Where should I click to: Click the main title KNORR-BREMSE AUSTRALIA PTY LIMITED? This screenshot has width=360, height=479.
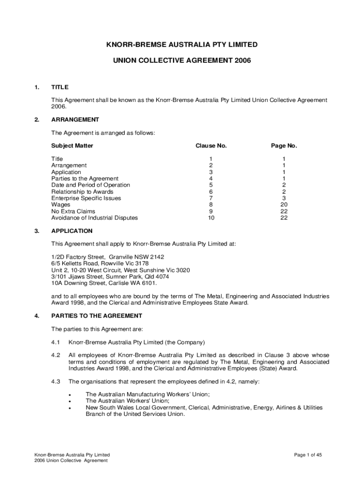coord(182,44)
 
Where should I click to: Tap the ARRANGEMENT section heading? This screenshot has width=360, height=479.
coord(75,119)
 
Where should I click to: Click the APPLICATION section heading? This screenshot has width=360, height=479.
coord(72,231)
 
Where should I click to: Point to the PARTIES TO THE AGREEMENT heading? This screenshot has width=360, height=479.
coord(97,316)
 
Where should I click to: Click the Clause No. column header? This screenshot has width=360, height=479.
coord(211,145)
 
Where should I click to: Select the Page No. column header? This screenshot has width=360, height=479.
coord(284,145)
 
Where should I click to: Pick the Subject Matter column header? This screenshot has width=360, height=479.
coord(72,145)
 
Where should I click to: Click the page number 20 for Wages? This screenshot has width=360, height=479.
coord(284,204)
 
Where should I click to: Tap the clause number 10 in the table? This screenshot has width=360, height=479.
coord(211,218)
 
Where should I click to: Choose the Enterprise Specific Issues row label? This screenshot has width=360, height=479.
coord(86,198)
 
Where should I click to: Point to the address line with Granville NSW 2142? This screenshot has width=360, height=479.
coord(108,257)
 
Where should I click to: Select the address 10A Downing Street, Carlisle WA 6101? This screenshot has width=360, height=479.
coord(104,283)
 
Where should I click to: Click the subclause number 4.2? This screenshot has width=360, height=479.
coord(56,355)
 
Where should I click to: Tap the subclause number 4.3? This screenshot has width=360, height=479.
coord(56,382)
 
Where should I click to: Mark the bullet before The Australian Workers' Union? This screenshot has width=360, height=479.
coord(70,401)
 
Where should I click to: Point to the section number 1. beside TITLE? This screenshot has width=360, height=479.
coord(36,87)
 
